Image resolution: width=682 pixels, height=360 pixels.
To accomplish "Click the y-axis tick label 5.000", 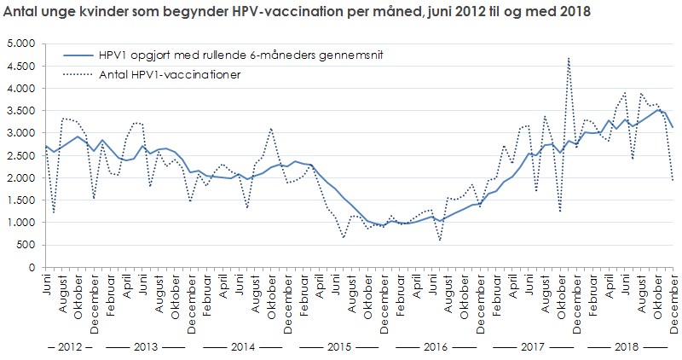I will [x=18, y=44].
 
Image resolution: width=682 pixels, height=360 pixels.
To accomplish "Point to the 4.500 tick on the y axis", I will [x=18, y=66].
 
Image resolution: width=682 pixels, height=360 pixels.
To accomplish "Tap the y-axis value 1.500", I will [x=18, y=200].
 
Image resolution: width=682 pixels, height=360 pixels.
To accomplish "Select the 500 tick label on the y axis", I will [x=23, y=245].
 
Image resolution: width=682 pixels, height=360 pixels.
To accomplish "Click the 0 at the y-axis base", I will [x=31, y=267].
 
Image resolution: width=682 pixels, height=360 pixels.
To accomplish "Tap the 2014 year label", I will [x=241, y=348].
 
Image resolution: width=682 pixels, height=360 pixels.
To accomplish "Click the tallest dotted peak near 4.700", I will [x=568, y=57].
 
